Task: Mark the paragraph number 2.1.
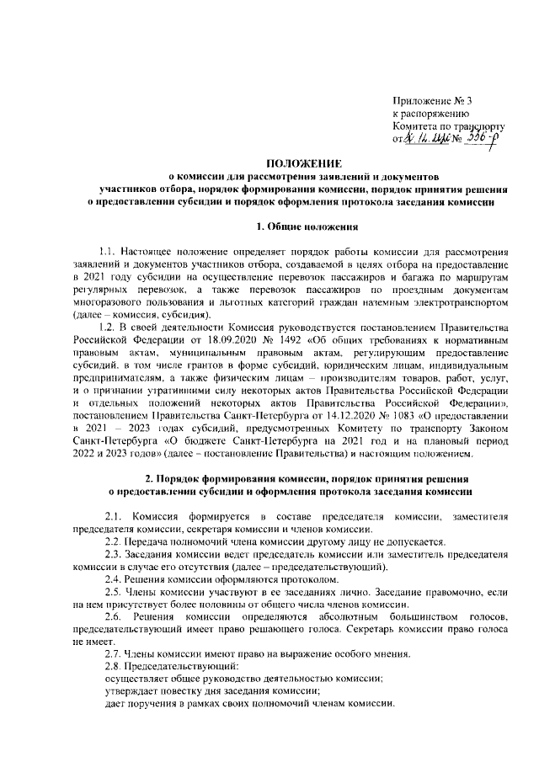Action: (112, 515)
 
